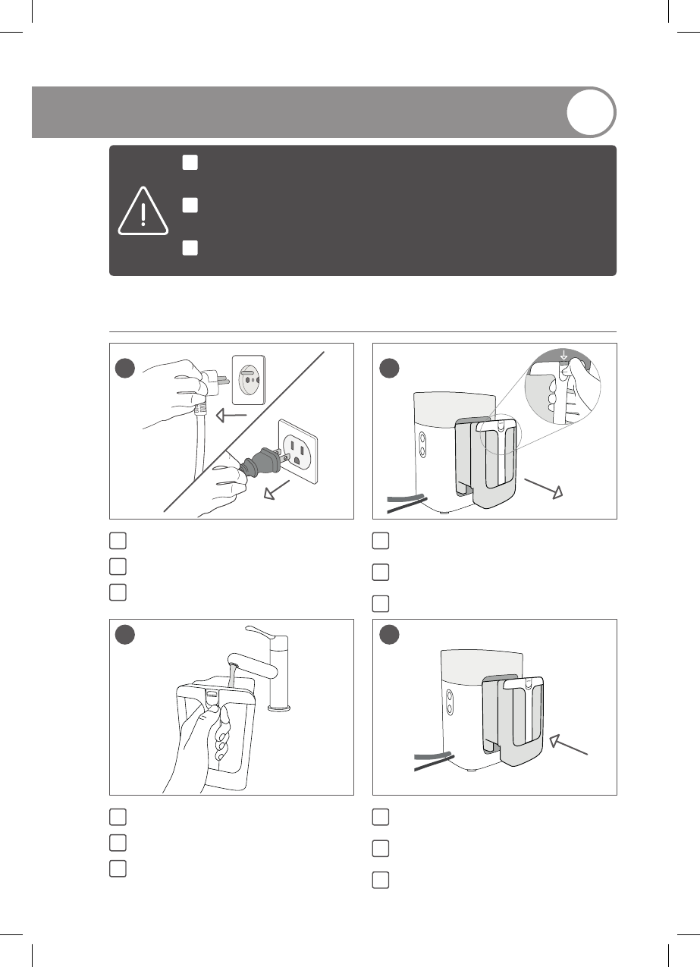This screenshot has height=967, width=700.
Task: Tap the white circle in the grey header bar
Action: pos(591,113)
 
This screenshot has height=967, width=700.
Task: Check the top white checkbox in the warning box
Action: pos(190,163)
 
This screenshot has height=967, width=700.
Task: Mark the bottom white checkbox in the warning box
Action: pos(190,249)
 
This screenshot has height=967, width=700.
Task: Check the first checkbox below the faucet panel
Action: pos(117,817)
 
